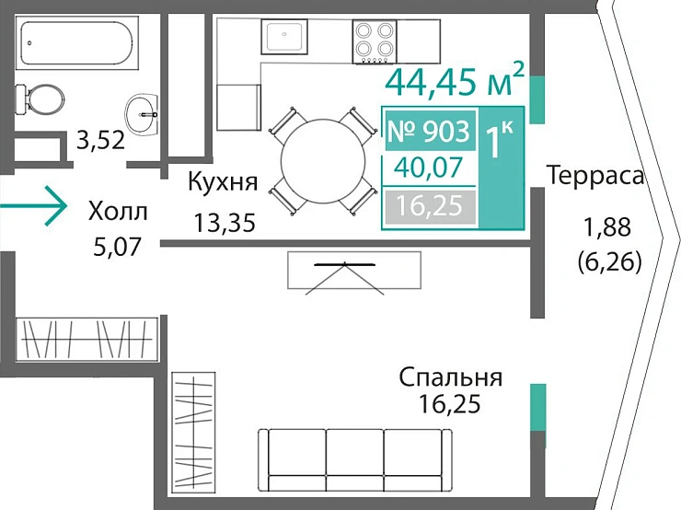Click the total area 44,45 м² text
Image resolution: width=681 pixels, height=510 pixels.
pos(455,81)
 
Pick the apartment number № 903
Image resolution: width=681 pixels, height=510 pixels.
pos(429,132)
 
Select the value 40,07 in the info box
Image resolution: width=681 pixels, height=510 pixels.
pos(430,168)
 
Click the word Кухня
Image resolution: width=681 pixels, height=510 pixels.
pos(222,180)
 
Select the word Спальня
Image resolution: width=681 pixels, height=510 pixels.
pos(450,377)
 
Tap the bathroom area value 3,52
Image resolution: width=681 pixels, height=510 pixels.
pos(100,141)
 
